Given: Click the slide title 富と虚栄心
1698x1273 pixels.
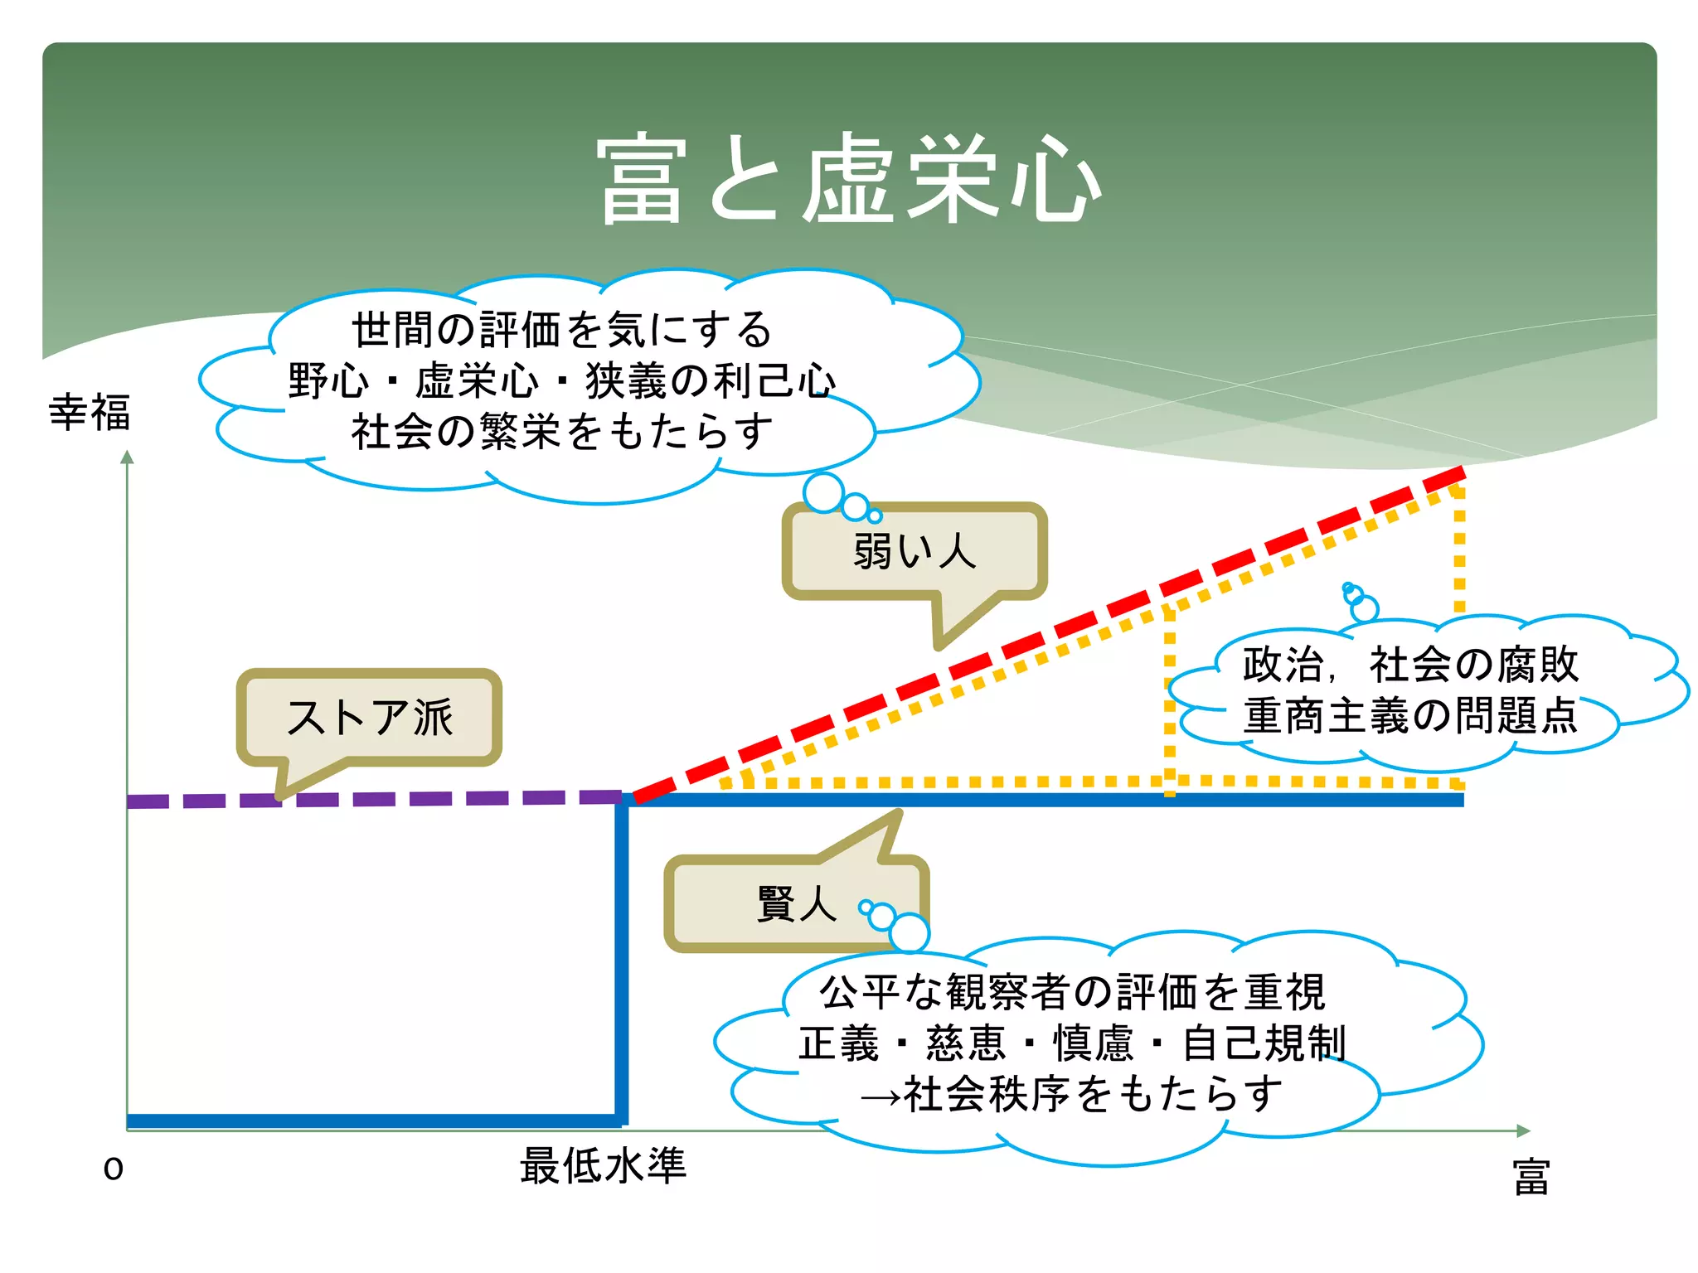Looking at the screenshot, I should (x=848, y=179).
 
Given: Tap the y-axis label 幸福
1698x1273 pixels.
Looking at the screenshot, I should (x=90, y=412).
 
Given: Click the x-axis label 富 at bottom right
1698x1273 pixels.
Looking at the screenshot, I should (x=1531, y=1177).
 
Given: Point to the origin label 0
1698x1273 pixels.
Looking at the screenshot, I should (x=114, y=1169).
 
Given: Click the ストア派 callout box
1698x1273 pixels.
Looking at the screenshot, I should (x=369, y=717).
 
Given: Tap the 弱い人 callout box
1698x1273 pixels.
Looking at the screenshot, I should (x=914, y=551).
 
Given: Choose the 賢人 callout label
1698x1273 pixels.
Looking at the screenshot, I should (x=796, y=903).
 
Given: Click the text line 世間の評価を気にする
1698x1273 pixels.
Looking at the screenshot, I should (x=561, y=330).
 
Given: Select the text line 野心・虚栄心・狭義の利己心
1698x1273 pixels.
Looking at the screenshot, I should (x=561, y=381).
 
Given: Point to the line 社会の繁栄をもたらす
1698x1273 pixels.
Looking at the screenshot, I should (x=561, y=432).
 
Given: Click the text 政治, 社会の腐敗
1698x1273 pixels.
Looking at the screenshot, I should (x=1409, y=664).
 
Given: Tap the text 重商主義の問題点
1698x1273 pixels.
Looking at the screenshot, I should (x=1409, y=715).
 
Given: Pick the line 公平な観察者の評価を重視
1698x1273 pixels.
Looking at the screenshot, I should (x=1072, y=992).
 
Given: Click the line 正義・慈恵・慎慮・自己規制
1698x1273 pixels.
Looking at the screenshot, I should (x=1072, y=1043).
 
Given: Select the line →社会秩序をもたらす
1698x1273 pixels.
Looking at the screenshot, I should (x=1072, y=1094).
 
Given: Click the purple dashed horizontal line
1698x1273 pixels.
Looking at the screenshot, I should (x=373, y=799).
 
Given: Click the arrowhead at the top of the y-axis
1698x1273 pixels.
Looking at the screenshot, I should (x=127, y=457).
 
